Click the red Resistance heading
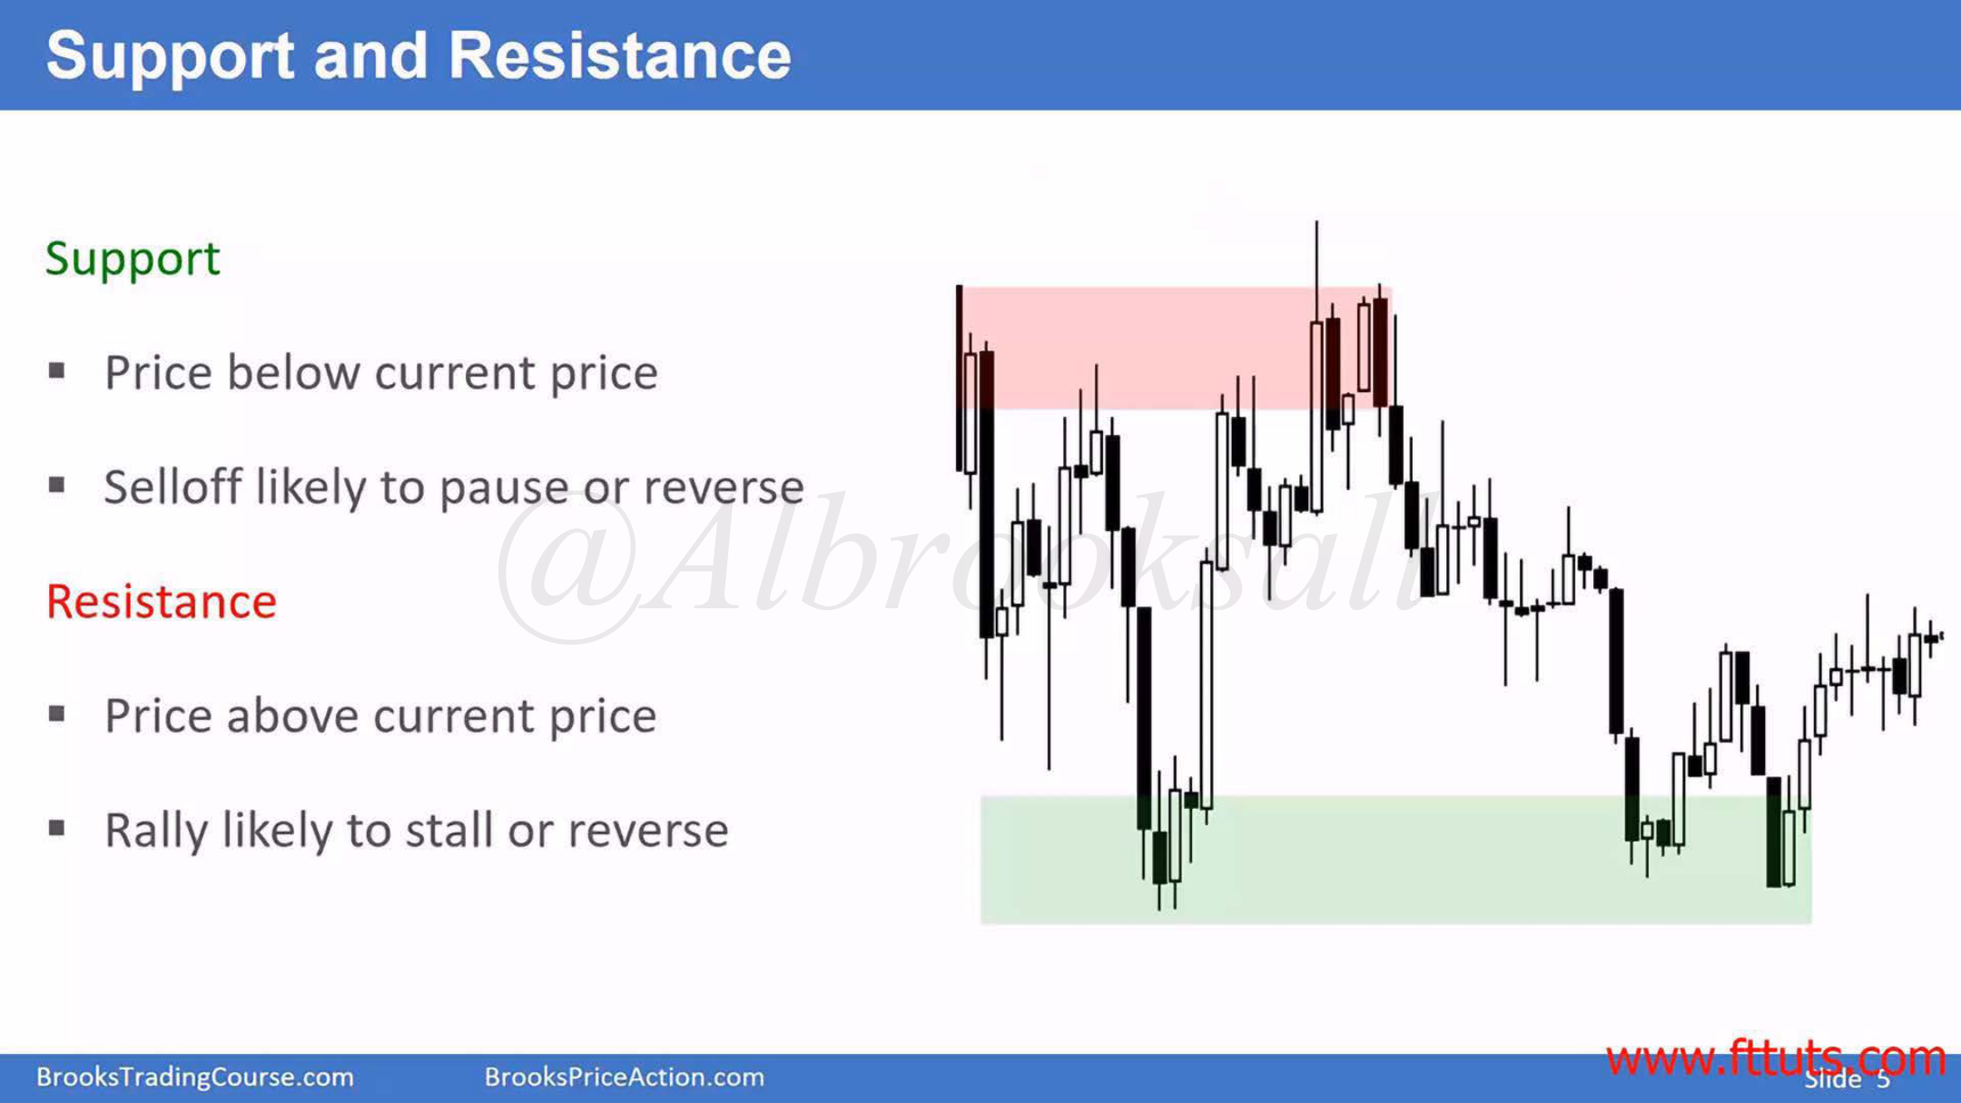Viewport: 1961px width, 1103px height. point(162,602)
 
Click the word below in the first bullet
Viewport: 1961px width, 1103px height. point(292,372)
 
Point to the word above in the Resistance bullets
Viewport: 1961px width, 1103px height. point(293,716)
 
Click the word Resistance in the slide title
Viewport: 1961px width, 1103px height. point(619,55)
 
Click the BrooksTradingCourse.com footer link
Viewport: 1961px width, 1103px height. point(195,1077)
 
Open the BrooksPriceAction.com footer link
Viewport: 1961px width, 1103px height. point(625,1077)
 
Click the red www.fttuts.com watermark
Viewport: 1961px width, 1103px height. point(1776,1058)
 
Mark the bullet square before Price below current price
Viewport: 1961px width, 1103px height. point(57,370)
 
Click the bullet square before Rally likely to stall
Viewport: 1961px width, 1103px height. point(57,828)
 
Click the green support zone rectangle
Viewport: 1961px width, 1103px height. point(1396,860)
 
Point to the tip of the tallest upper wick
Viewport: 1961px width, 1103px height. point(1316,221)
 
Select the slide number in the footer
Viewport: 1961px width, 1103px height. point(1883,1079)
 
